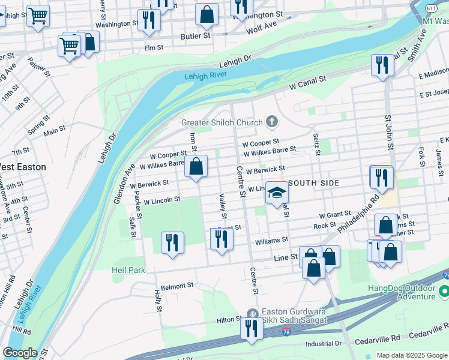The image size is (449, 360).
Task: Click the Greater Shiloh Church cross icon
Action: coord(272,122)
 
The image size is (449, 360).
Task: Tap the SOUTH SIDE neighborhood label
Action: coord(315,182)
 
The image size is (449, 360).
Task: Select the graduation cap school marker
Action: coord(277,193)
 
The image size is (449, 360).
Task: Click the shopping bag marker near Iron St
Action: coord(196,167)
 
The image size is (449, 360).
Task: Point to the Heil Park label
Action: coord(128,270)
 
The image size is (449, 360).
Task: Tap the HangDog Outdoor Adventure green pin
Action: coord(444,292)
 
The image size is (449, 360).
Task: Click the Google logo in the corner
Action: coord(20,353)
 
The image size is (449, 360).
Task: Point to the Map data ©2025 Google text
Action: coord(412,355)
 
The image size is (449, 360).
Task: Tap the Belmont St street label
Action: coord(178,286)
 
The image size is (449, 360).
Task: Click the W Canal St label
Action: coord(307,83)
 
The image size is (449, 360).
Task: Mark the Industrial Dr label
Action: coord(323,344)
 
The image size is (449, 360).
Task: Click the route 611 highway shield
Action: coord(431,8)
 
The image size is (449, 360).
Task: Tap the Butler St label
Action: coord(196,36)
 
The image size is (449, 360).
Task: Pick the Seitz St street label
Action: coord(316,143)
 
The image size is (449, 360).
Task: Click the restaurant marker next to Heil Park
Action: coord(172,243)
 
